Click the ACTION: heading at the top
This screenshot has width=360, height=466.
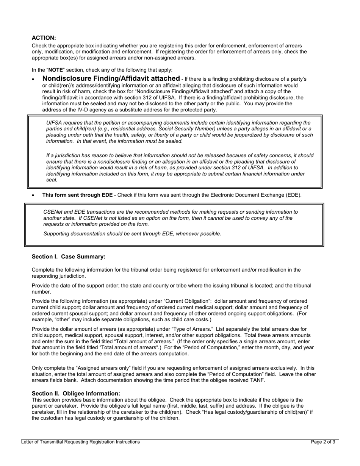[x=44, y=38]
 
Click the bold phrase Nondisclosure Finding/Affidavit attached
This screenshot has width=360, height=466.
[x=111, y=78]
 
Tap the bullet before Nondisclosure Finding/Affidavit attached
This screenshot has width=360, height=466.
[x=34, y=79]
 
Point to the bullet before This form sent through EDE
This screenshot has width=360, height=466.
[x=34, y=195]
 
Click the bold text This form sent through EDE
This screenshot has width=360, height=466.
[x=77, y=195]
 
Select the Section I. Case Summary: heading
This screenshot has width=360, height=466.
[x=69, y=257]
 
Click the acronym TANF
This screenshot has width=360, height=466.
[x=258, y=380]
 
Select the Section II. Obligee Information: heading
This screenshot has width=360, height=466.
[x=76, y=394]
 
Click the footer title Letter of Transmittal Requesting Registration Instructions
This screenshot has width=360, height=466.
[x=80, y=442]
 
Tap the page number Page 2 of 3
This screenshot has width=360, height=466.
[x=323, y=442]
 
